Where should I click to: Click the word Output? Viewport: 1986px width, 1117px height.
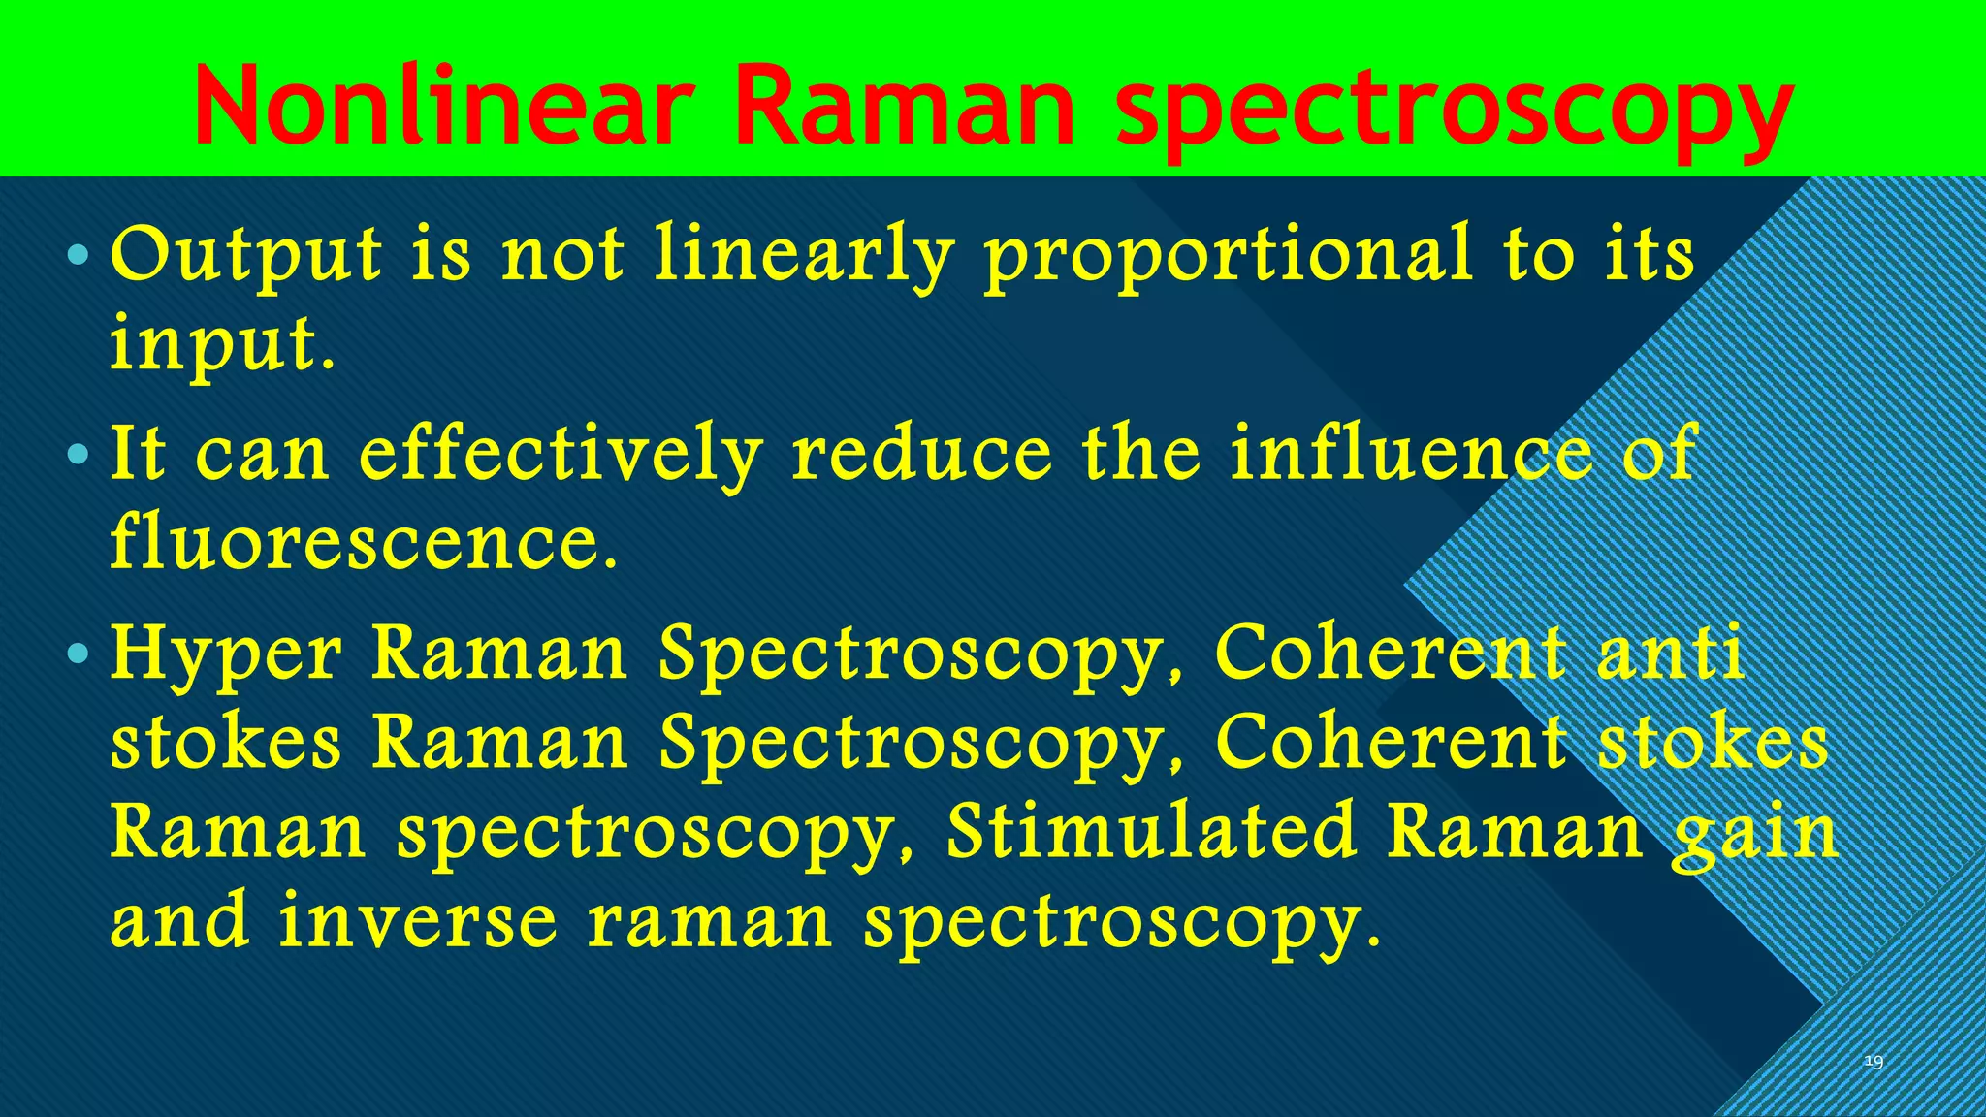(246, 256)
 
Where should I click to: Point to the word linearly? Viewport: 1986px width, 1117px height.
(804, 256)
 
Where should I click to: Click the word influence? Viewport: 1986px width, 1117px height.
(1411, 454)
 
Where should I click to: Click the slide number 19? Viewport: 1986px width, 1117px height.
(1874, 1063)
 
